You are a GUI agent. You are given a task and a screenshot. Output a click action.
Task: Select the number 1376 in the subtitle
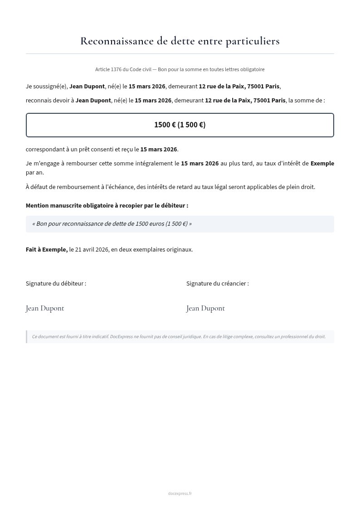pyautogui.click(x=116, y=69)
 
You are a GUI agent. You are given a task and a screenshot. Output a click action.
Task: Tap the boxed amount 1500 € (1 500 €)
pyautogui.click(x=180, y=125)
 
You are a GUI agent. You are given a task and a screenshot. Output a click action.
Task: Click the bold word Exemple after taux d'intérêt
pyautogui.click(x=322, y=163)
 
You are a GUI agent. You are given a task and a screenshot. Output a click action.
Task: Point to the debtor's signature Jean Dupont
pyautogui.click(x=45, y=308)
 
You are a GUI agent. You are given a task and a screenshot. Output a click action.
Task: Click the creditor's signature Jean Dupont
pyautogui.click(x=205, y=308)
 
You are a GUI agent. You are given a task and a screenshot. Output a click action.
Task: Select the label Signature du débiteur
pyautogui.click(x=56, y=283)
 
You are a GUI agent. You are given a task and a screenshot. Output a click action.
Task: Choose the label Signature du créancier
pyautogui.click(x=217, y=283)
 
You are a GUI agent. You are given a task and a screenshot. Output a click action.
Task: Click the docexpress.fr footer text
pyautogui.click(x=180, y=494)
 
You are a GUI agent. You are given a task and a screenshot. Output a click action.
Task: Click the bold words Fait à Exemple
pyautogui.click(x=47, y=249)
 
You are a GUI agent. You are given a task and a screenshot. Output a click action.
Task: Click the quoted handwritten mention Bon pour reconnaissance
pyautogui.click(x=112, y=224)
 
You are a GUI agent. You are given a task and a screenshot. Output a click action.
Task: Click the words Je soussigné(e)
pyautogui.click(x=47, y=86)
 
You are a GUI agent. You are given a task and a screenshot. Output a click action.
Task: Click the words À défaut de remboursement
pyautogui.click(x=61, y=187)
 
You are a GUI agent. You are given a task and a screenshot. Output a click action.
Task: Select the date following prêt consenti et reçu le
pyautogui.click(x=159, y=149)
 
